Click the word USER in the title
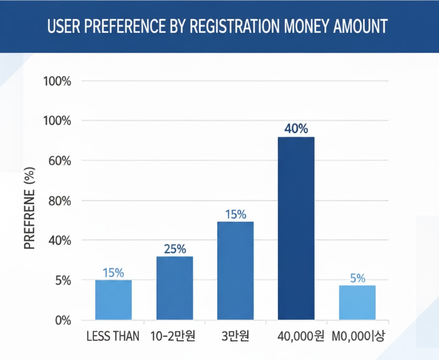64,27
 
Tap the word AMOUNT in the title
360,27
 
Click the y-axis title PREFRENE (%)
31,210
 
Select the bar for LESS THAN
113,300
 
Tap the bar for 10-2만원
174,288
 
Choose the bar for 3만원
235,271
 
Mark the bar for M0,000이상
357,303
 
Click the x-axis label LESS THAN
113,337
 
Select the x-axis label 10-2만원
173,337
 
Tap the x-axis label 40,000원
300,337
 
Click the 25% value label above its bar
175,249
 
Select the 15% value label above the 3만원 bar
235,215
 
